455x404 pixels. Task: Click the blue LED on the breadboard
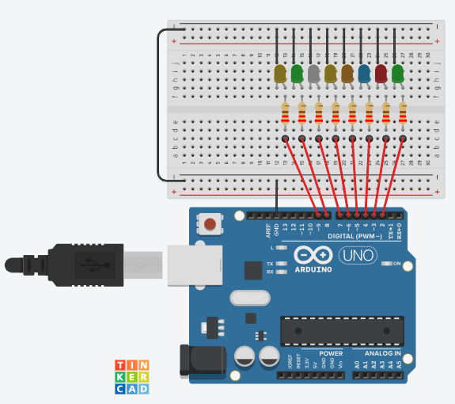click(364, 74)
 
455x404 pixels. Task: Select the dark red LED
click(381, 74)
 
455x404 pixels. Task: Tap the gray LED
click(313, 74)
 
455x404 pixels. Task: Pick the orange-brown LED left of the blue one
click(347, 74)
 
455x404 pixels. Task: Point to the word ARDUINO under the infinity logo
click(313, 269)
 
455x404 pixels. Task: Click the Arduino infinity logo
click(313, 255)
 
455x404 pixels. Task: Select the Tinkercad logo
click(131, 376)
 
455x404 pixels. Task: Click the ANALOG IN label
click(382, 353)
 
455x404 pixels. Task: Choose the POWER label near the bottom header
click(331, 353)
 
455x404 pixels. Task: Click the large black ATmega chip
click(341, 330)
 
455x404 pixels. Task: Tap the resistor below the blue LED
click(369, 115)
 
